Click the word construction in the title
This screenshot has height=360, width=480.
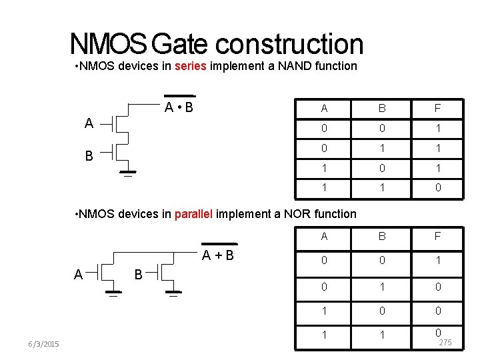tap(289, 45)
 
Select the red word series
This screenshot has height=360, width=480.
tap(191, 66)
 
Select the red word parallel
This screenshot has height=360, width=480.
tap(193, 214)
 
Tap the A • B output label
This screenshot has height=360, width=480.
tap(179, 107)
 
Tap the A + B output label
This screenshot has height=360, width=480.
tap(218, 255)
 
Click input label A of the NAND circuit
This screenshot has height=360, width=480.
tap(89, 123)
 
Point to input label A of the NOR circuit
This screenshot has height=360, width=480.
tap(79, 274)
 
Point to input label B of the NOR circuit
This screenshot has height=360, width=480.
tap(139, 274)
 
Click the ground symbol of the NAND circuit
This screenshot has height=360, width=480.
tap(127, 175)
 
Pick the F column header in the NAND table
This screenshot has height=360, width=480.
tap(437, 109)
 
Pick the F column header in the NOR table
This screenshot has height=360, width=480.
tap(437, 236)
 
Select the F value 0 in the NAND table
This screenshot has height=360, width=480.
tap(437, 188)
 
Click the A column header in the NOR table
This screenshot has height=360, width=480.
tap(324, 236)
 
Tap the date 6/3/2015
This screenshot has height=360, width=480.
tap(45, 343)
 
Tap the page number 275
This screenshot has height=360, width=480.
tap(445, 343)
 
